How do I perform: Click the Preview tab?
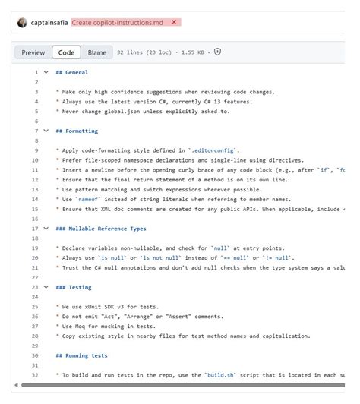[33, 52]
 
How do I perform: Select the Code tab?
[67, 52]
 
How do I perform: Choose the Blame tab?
[97, 52]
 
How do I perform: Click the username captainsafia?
[49, 22]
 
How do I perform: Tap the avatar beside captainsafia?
[21, 22]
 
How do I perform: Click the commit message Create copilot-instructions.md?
[118, 22]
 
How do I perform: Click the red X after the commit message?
[174, 22]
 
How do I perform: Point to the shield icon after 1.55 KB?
[217, 52]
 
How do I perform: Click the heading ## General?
[72, 72]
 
